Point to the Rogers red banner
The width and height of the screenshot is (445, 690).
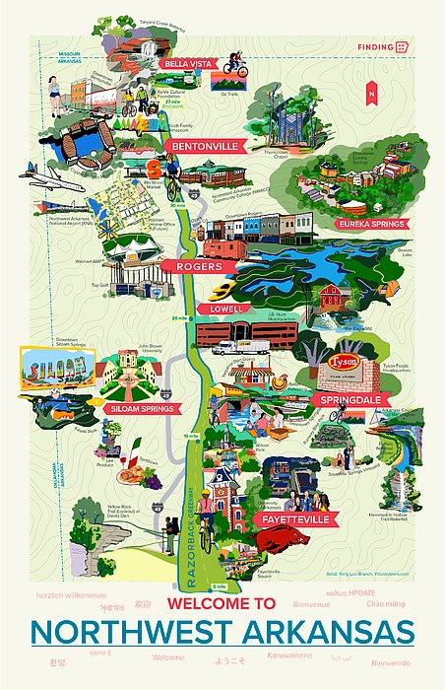(198, 266)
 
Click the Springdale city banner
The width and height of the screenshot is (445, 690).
(347, 400)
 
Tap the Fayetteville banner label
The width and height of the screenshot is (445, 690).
(294, 517)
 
